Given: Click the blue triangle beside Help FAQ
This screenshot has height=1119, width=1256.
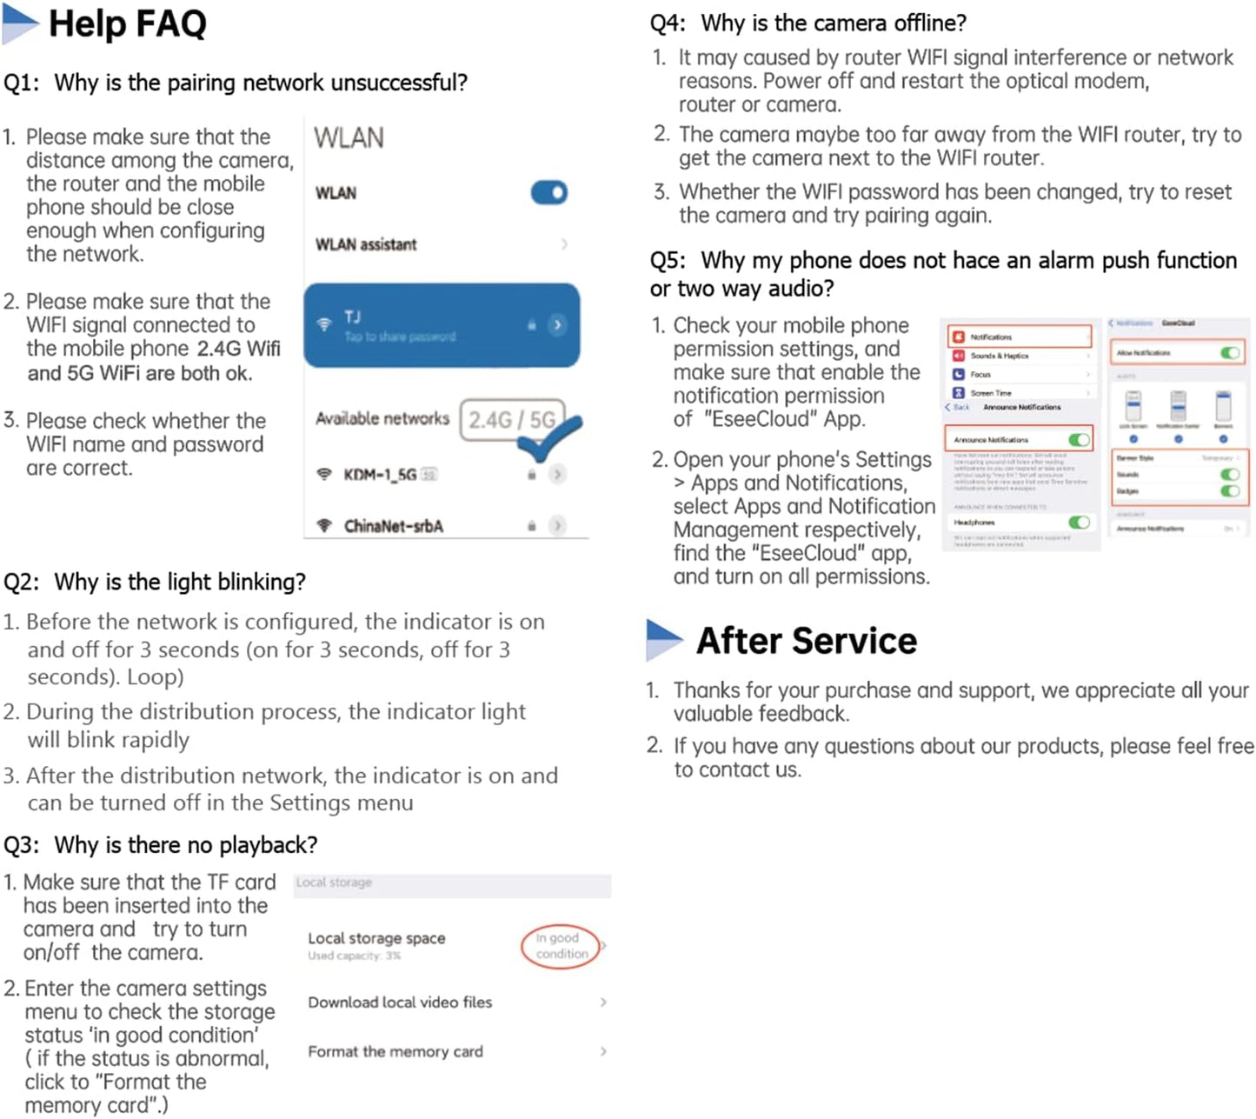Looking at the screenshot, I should (19, 25).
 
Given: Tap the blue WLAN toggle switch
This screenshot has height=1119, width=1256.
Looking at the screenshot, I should (548, 192).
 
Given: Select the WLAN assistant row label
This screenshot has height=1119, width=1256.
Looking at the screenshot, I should (366, 244).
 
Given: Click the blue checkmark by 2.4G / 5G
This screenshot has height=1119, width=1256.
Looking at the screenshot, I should (548, 439).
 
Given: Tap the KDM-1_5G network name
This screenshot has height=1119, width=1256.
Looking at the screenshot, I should (380, 475).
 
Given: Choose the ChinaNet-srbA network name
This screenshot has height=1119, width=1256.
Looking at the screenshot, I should (393, 526).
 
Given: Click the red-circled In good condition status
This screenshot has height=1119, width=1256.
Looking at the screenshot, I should (562, 946).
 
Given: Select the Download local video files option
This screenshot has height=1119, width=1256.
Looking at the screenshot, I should (400, 1002).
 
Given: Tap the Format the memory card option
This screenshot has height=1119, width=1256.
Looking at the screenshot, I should (395, 1052).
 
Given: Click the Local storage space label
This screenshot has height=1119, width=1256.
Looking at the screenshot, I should (376, 938).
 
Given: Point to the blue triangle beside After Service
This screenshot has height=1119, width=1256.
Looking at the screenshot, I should (664, 640).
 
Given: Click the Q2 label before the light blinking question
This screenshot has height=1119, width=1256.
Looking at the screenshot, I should (21, 582).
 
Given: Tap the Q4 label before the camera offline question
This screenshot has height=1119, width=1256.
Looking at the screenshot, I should (668, 23).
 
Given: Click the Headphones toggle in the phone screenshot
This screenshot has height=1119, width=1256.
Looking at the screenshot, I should (1079, 523).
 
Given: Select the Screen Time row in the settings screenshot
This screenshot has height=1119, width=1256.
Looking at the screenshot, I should (991, 393).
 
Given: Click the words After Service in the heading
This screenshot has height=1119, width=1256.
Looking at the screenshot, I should (807, 641).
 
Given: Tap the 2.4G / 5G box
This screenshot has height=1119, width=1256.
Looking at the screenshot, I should (511, 420).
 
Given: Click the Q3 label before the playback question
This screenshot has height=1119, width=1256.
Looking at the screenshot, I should (21, 845).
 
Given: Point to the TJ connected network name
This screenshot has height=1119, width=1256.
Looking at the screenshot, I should (352, 317).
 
